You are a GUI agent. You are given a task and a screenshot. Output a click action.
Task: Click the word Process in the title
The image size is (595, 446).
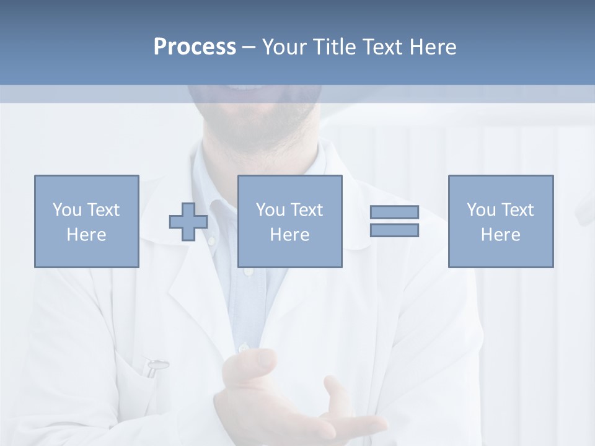tap(195, 47)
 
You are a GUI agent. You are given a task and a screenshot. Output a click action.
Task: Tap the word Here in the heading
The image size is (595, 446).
tap(432, 47)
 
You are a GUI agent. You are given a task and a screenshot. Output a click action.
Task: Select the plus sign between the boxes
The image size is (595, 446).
tap(188, 222)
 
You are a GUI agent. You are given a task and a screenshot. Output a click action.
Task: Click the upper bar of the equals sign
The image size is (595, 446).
tap(394, 212)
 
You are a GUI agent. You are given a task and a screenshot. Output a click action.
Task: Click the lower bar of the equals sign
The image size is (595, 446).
tap(394, 230)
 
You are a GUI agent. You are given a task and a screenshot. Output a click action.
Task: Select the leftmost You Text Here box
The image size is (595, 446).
tap(87, 221)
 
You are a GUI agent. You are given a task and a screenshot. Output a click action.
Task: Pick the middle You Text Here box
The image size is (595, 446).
tap(290, 221)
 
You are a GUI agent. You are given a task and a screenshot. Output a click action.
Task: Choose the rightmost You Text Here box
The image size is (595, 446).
tap(501, 221)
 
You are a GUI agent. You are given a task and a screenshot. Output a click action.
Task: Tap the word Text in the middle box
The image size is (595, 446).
tap(306, 210)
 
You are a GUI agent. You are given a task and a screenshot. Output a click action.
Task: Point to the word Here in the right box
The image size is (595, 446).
tap(501, 235)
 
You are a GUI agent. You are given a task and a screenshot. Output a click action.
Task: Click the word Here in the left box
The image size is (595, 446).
tap(87, 235)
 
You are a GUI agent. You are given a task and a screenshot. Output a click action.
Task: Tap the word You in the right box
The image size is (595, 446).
tap(481, 210)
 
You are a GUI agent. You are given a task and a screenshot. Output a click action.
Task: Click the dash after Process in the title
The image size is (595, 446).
tap(249, 47)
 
